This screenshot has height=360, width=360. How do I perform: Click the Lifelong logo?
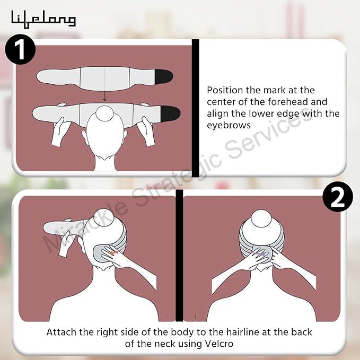(x=43, y=19)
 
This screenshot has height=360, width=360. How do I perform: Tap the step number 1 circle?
(x=20, y=49)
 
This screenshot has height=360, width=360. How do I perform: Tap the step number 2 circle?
(x=338, y=197)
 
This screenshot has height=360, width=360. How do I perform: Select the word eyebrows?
(x=229, y=125)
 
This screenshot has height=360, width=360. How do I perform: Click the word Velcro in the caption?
(x=219, y=344)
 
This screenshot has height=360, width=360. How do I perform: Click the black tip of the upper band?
(x=164, y=76)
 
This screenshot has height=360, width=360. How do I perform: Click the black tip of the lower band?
(x=170, y=113)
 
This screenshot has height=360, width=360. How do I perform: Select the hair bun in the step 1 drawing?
(x=104, y=113)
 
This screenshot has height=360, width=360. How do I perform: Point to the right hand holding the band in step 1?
(x=146, y=131)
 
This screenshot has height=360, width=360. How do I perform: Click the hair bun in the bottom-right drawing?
(x=261, y=218)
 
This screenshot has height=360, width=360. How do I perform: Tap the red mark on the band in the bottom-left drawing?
(x=113, y=253)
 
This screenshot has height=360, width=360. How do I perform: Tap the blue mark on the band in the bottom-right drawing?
(x=263, y=254)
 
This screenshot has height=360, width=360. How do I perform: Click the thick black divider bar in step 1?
(x=196, y=108)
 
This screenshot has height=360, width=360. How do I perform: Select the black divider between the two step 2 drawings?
(x=179, y=256)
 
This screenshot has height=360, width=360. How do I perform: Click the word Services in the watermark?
(x=268, y=133)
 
